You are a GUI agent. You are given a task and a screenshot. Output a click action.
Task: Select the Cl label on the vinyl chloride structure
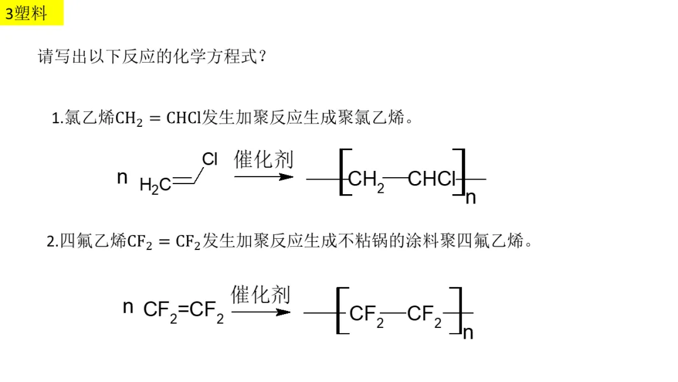tap(210, 160)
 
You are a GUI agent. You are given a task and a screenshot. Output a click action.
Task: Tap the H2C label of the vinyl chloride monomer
tap(155, 185)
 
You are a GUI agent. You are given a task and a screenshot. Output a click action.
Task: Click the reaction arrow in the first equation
tap(264, 177)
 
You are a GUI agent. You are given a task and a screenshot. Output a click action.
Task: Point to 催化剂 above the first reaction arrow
tap(264, 160)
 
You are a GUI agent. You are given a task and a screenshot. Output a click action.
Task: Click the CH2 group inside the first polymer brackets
tap(365, 181)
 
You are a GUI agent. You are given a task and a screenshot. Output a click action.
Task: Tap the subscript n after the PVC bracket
tap(471, 198)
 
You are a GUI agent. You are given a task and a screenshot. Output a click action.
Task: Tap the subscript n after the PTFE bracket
tap(468, 333)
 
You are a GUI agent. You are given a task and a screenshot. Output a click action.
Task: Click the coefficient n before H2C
tap(122, 178)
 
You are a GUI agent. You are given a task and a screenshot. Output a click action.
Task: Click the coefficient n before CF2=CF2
tap(128, 307)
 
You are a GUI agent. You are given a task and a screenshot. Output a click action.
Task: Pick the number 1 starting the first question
tap(55, 118)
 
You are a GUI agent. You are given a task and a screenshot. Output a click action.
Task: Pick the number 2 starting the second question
tap(51, 242)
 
